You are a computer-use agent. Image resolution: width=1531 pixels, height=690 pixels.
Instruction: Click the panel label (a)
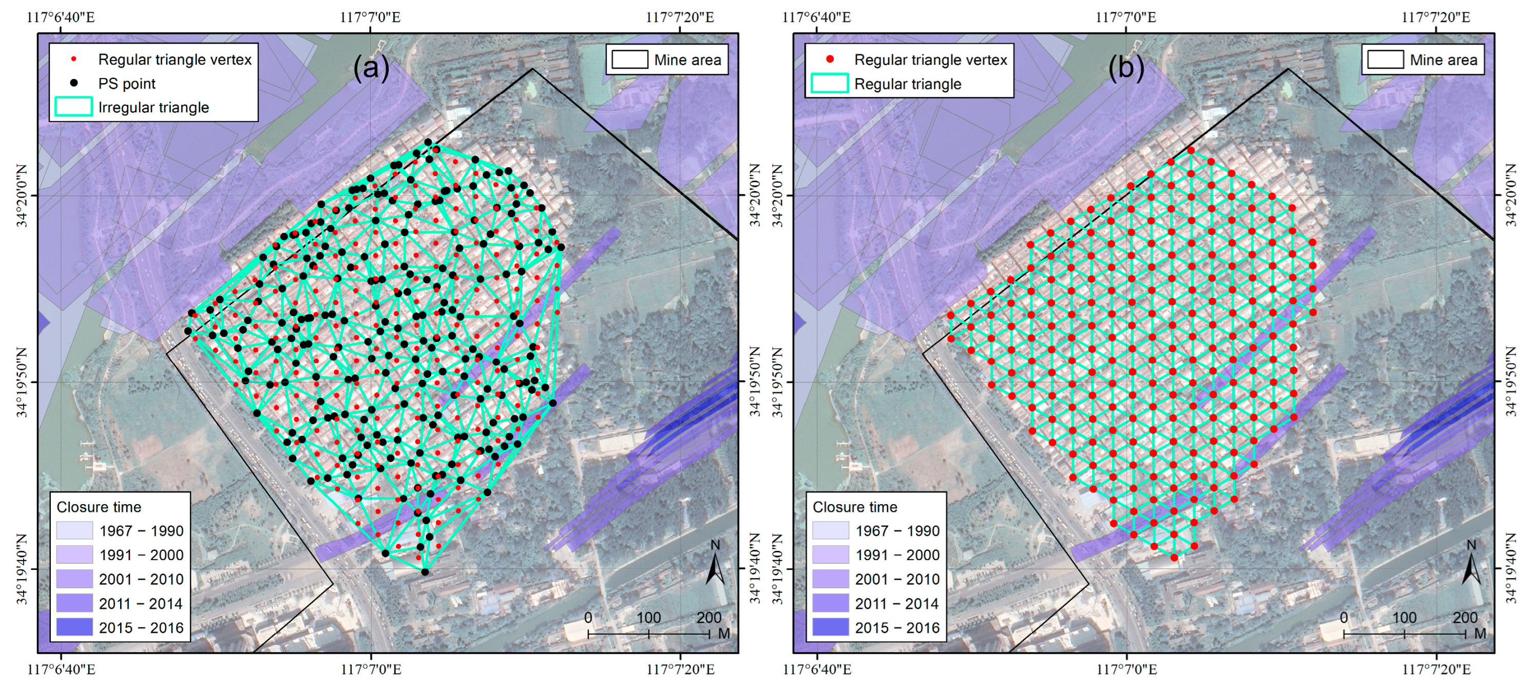point(371,68)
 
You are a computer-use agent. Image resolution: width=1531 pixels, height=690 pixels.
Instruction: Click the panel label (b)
point(1126,68)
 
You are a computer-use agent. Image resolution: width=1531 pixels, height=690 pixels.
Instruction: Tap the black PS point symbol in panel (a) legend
point(74,83)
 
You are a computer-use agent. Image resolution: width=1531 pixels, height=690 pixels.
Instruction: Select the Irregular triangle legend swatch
point(74,107)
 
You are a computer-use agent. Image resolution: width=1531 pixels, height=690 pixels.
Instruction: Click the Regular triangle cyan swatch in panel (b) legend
point(830,84)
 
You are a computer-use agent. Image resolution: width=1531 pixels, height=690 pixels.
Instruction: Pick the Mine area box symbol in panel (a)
point(629,60)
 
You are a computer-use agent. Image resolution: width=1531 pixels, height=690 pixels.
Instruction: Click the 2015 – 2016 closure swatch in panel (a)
point(74,627)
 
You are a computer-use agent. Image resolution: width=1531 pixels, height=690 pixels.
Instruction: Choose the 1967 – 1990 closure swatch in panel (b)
point(830,530)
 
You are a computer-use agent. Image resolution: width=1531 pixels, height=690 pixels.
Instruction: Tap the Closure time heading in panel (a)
point(99,507)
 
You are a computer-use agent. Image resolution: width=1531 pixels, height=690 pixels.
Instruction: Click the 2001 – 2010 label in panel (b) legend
point(897,579)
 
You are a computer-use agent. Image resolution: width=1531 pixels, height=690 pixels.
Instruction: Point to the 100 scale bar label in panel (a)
point(648,618)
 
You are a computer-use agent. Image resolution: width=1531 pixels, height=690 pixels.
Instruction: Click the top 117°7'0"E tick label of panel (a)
point(370,16)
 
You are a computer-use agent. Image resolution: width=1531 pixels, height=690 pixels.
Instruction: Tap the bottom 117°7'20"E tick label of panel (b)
point(1437,669)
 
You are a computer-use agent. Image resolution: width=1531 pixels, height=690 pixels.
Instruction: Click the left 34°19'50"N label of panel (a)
point(22,382)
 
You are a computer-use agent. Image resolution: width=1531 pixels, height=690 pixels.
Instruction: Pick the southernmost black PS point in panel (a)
point(425,572)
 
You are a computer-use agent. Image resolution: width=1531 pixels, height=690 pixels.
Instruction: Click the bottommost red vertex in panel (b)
point(1174,558)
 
